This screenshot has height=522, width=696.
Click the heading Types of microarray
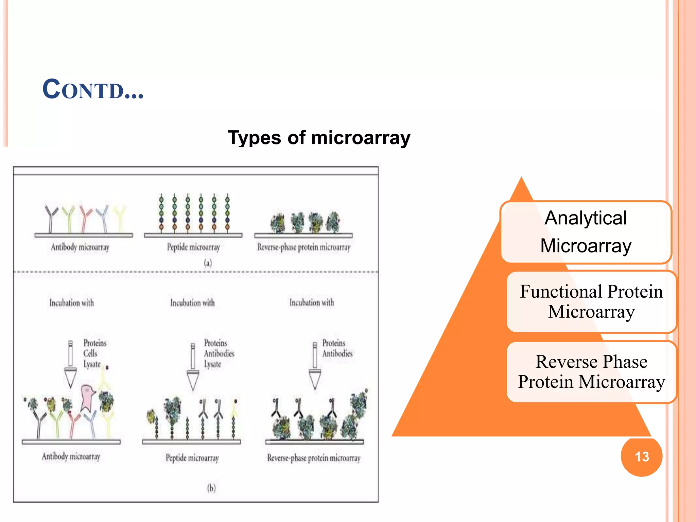click(319, 138)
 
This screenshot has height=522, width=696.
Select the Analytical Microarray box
click(586, 232)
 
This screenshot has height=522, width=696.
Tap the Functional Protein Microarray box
click(591, 301)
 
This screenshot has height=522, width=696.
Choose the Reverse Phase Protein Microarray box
click(591, 371)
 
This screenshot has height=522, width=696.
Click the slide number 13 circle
click(641, 456)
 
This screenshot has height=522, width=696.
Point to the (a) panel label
click(208, 263)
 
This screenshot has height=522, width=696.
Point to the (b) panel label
click(211, 488)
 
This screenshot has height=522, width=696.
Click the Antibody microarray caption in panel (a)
click(80, 247)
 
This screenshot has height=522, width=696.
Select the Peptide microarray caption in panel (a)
click(193, 247)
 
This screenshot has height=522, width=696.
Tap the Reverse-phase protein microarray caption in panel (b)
click(313, 458)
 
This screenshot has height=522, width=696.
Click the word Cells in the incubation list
click(90, 353)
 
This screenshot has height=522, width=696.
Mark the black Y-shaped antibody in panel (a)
click(51, 217)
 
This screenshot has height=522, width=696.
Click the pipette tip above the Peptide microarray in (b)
click(193, 381)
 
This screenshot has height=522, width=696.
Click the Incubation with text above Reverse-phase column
click(312, 302)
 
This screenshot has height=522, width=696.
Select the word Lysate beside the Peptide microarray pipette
click(212, 364)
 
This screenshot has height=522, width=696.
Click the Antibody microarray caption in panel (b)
click(71, 456)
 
